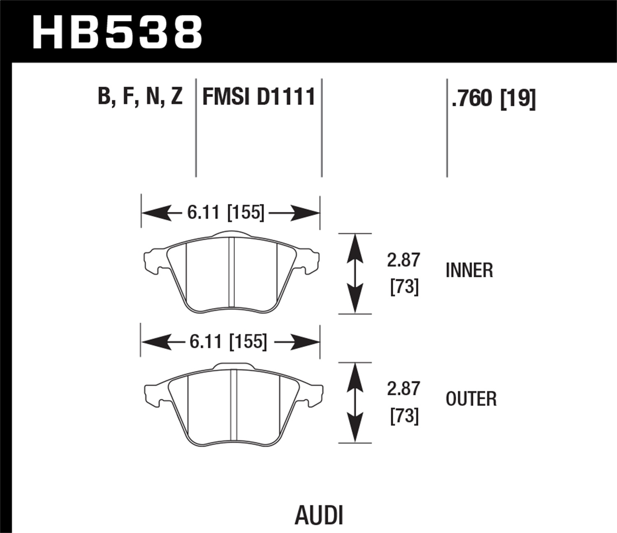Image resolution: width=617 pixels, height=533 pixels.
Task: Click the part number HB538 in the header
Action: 117,32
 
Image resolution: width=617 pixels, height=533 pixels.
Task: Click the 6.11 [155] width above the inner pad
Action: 225,213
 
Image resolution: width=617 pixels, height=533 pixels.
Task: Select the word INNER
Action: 469,271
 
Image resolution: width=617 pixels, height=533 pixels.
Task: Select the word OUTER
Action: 471,399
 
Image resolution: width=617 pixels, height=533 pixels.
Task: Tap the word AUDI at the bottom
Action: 319,515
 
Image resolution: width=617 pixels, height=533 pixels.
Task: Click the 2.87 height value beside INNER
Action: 404,260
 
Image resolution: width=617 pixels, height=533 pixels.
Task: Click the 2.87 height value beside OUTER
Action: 404,389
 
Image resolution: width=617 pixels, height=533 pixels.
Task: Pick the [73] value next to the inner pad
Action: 404,287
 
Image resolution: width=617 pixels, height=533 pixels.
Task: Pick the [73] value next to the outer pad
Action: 404,416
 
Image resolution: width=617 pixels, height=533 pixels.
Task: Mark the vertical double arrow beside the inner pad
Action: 355,273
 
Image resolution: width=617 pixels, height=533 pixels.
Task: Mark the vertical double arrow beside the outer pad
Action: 355,403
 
